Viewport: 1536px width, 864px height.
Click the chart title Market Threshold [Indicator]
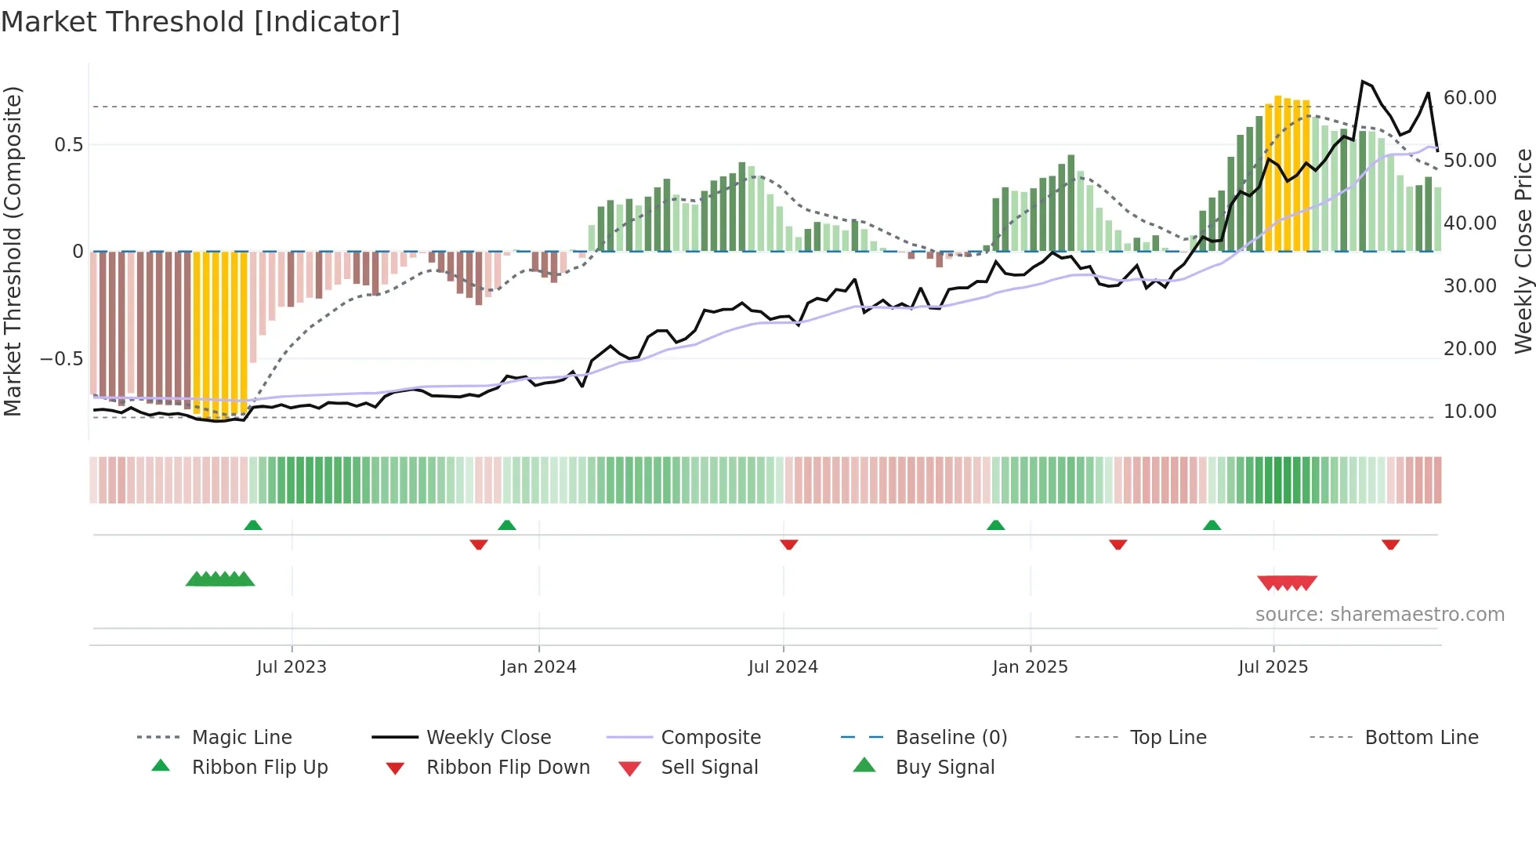pos(201,22)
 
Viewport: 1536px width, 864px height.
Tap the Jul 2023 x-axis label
pos(292,667)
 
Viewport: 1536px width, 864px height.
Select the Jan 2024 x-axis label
pos(538,667)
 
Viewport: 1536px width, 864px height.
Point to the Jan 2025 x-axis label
pos(1030,667)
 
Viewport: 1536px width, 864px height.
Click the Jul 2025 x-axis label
pos(1273,667)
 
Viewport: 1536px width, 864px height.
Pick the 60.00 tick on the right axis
pos(1469,98)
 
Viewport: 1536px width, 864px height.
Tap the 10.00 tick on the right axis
pos(1469,412)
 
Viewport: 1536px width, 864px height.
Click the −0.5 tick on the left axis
pos(61,359)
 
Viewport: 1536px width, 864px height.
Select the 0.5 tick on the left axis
pos(68,145)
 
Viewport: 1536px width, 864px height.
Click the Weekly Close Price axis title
pos(1523,251)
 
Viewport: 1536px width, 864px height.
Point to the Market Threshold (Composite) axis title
pos(13,251)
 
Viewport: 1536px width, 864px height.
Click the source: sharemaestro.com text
pos(1379,615)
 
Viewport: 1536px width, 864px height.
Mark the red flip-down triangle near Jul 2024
pos(789,544)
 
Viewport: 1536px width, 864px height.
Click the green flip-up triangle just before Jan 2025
pos(995,525)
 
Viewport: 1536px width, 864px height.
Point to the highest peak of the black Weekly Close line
pos(1363,82)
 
